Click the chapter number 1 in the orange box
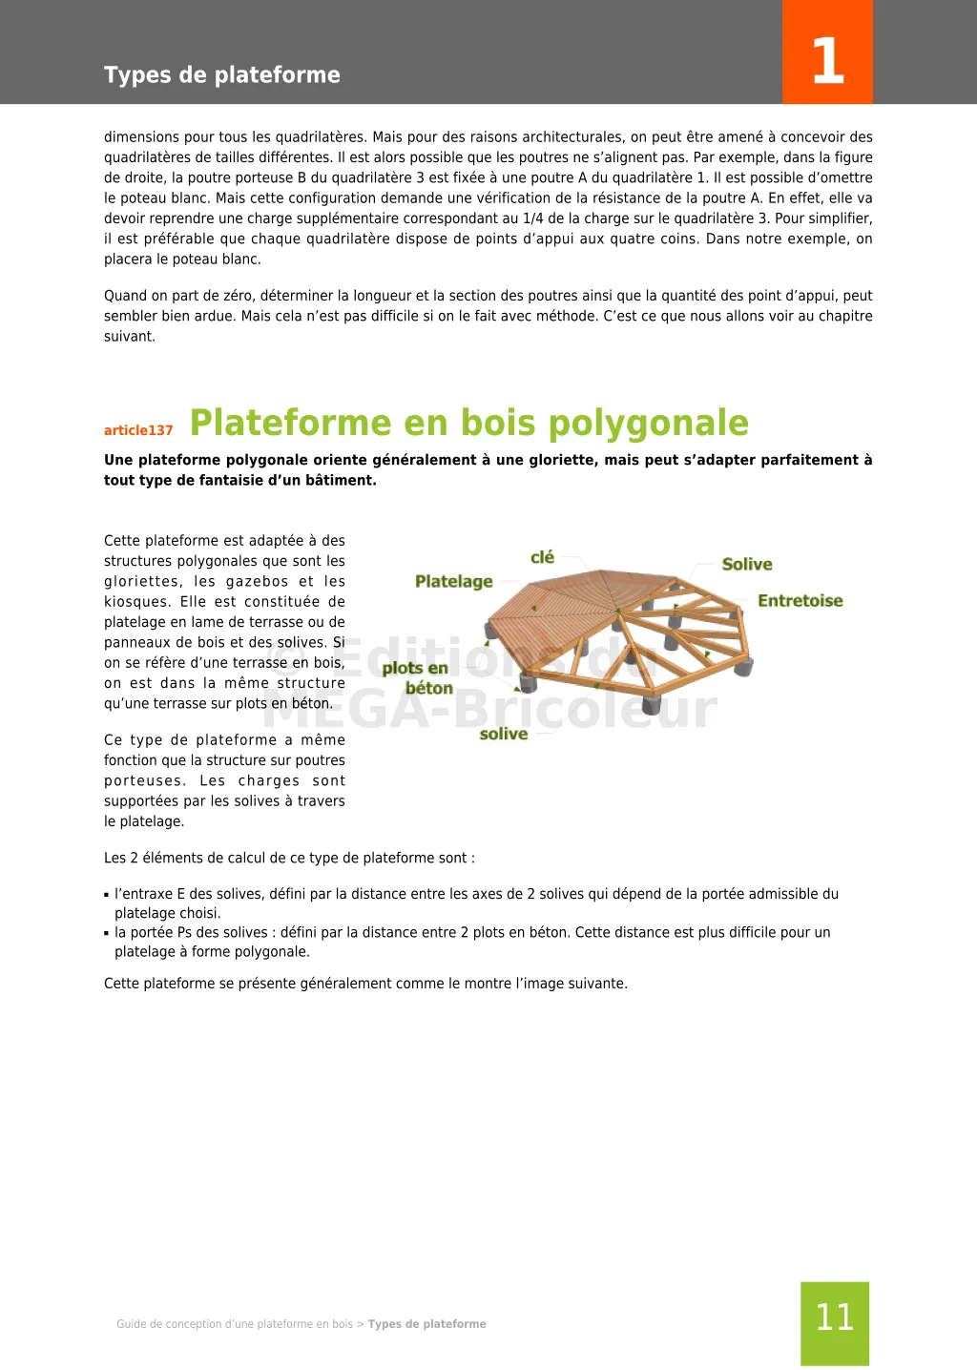tap(827, 61)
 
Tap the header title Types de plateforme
tap(221, 75)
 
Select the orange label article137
tap(138, 430)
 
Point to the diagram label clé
tap(542, 557)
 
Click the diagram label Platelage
tap(453, 581)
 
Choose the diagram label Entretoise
tap(800, 600)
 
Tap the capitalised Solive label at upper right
tap(746, 564)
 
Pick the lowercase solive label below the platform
tap(503, 734)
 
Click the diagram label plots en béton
tap(417, 677)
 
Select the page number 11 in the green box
tap(834, 1318)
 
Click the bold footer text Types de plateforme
tap(426, 1324)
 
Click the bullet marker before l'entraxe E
tap(107, 895)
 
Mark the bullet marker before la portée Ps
tap(107, 933)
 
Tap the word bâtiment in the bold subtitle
tap(340, 480)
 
